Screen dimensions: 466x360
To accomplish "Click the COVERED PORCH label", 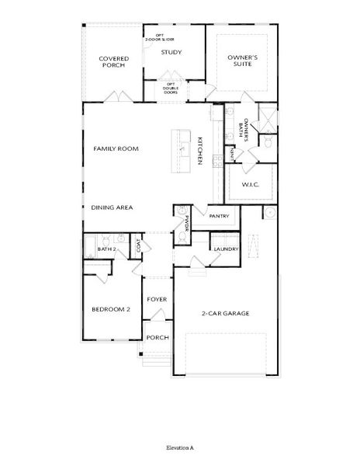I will [113, 61].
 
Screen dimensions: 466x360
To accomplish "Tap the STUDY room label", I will [171, 53].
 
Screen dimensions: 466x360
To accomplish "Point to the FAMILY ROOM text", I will [116, 148].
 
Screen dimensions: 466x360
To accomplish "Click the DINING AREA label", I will [112, 207].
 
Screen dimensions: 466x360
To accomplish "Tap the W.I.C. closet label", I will [250, 185].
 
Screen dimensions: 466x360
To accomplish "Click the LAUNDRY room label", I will [227, 249].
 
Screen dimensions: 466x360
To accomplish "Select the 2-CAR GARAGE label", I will [226, 313].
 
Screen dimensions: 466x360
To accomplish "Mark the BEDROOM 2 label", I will [111, 308].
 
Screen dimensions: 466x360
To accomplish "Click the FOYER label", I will [157, 299].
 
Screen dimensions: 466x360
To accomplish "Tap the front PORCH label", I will [157, 337].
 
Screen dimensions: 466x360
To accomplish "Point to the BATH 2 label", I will [107, 249].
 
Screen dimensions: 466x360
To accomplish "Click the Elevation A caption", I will [179, 448].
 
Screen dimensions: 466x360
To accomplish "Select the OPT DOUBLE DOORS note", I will [170, 87].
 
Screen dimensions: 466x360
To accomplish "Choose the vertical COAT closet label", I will [139, 246].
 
